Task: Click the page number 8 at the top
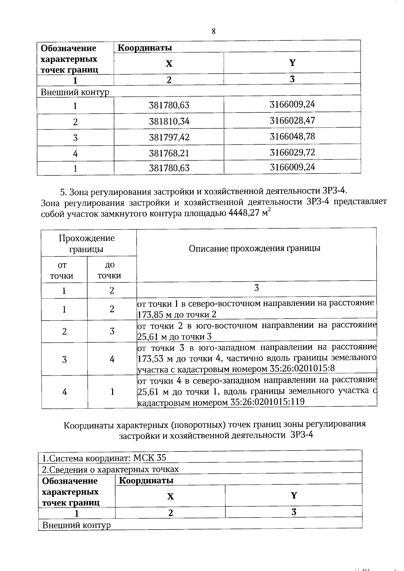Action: tap(213, 32)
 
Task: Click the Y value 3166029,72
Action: tap(292, 152)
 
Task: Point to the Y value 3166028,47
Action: tap(292, 120)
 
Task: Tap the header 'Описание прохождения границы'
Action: tap(255, 248)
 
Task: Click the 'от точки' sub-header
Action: tap(62, 270)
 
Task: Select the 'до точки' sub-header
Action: tap(109, 270)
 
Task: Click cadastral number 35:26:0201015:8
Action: tap(302, 368)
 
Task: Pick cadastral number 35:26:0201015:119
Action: tap(267, 402)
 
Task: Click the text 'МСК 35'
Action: tap(149, 458)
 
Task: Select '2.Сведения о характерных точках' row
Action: tap(110, 469)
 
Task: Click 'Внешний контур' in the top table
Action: tap(75, 92)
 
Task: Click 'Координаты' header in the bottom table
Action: tap(146, 480)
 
